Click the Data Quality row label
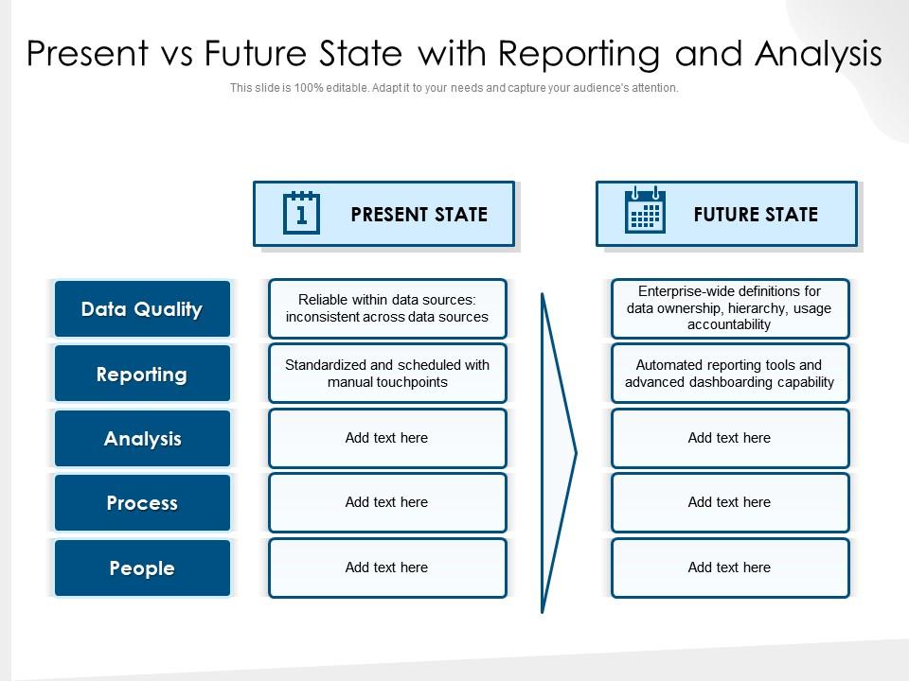(x=142, y=308)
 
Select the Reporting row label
(x=142, y=374)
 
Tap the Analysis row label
(x=142, y=438)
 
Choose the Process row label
(x=142, y=502)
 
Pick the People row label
(x=142, y=567)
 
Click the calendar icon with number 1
(x=301, y=213)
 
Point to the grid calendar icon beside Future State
(x=645, y=210)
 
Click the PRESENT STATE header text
(x=419, y=215)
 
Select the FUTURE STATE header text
(x=756, y=215)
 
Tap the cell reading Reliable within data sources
(x=387, y=308)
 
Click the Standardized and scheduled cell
(x=387, y=374)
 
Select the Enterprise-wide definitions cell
(x=730, y=308)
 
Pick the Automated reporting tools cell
(x=730, y=374)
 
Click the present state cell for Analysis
(x=387, y=438)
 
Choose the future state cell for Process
(x=730, y=502)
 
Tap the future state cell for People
(x=730, y=567)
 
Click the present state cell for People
(x=387, y=567)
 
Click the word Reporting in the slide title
(x=579, y=55)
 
